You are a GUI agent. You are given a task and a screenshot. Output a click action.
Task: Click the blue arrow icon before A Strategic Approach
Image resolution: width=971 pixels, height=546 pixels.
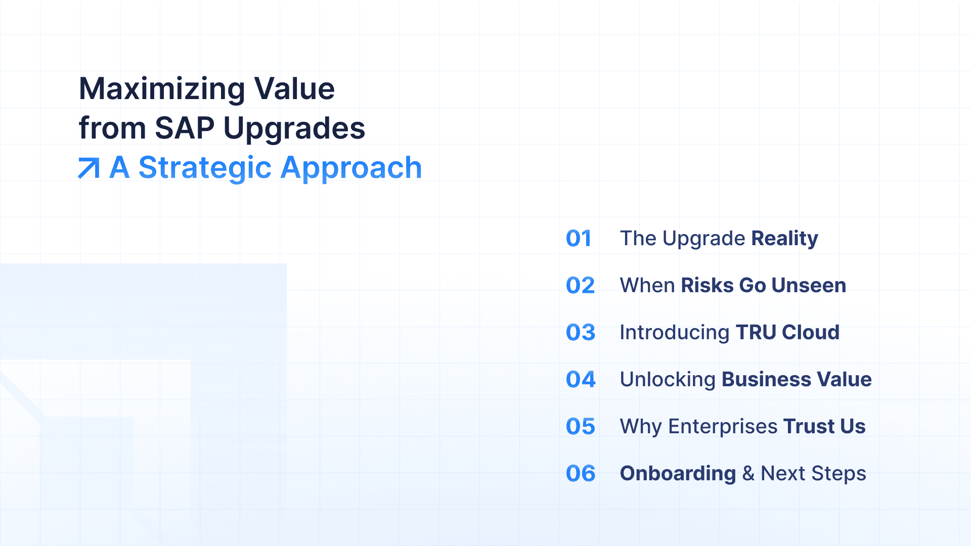pos(89,168)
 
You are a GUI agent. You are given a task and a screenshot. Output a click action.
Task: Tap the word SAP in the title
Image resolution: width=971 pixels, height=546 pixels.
pos(185,128)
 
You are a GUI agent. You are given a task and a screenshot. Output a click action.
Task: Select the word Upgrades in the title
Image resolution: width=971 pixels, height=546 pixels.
pos(294,129)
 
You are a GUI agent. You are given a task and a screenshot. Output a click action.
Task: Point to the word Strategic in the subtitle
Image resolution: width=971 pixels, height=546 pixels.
pos(205,169)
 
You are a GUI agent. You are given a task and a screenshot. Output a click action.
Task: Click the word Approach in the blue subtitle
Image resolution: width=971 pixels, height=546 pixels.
pos(351,169)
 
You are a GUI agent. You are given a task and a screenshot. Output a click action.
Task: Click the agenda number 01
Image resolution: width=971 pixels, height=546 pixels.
pos(579,239)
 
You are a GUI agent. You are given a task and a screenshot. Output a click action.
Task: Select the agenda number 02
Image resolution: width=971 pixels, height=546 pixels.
pos(580,286)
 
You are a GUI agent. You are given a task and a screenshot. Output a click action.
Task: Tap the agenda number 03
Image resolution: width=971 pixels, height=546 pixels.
pos(581,333)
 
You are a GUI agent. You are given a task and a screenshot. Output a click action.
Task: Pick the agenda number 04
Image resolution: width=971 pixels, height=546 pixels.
pos(581,380)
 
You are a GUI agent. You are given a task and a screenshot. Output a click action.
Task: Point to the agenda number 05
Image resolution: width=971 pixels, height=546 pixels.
pos(581,427)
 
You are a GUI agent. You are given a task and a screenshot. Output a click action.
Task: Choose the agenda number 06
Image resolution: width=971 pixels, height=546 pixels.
pos(581,474)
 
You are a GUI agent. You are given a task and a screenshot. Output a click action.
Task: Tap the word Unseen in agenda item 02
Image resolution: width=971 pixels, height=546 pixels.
pos(809,286)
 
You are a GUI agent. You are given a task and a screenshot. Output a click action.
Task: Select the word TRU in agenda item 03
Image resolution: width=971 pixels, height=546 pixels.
pos(756,333)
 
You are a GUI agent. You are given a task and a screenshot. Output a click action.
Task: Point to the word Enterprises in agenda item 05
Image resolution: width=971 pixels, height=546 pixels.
pos(723,428)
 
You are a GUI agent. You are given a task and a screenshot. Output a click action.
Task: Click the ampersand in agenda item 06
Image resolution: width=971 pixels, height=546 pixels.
pos(748,474)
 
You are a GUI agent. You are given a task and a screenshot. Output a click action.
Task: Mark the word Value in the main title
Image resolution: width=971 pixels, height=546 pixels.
pos(294,89)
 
